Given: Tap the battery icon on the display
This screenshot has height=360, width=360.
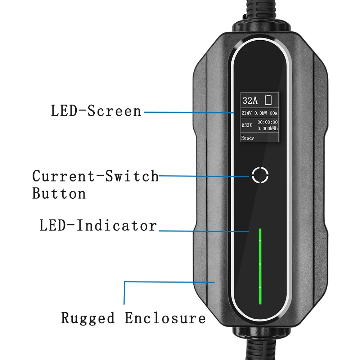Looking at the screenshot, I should tap(269, 100).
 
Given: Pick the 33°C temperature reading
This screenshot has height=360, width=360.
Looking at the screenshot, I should tap(248, 125).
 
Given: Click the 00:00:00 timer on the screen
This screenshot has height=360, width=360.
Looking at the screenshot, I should tap(267, 122).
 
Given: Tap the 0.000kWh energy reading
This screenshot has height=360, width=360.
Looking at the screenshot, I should tap(267, 129).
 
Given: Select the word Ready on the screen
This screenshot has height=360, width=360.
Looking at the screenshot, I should tap(248, 138).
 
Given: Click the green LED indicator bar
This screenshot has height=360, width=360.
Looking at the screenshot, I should tap(260, 266).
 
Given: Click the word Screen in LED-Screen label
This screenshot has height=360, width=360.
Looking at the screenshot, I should tap(115, 111).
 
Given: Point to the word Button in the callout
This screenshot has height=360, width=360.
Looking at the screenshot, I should tap(59, 193).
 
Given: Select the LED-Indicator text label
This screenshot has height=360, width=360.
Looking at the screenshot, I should tap(98, 226).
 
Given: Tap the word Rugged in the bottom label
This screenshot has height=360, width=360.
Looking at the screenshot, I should tap(88, 318).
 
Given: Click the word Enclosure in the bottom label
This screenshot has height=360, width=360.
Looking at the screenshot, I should tap(165, 318).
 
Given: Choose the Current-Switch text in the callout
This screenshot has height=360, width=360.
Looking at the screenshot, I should tap(95, 176).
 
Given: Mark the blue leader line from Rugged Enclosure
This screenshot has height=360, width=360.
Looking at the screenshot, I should tap(125, 293).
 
